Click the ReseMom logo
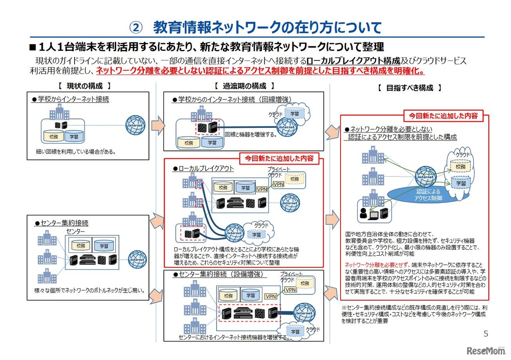486,351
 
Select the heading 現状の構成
84,86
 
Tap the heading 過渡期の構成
244,86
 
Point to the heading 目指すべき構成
410,88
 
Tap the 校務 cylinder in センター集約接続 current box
81,246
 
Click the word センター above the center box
76,231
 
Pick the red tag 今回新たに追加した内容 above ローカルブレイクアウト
279,158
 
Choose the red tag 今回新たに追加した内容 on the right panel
443,116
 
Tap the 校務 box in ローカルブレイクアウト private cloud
294,179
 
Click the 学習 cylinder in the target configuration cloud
461,183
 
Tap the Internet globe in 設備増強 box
304,313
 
